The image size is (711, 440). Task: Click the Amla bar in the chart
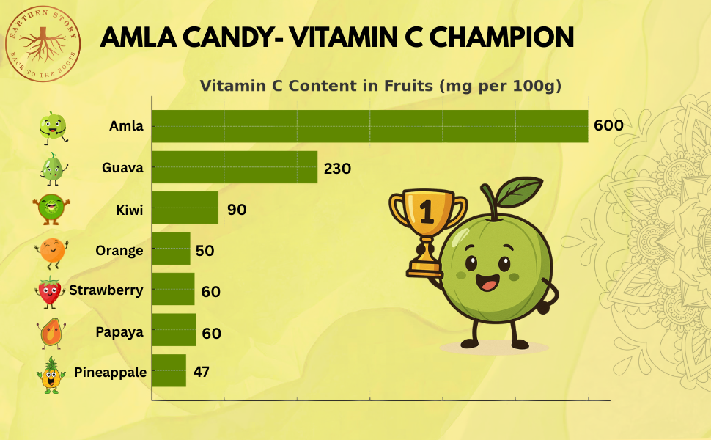click(x=369, y=126)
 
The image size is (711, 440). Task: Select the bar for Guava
click(x=235, y=167)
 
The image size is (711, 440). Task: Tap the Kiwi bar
click(x=185, y=208)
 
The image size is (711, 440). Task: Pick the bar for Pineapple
click(x=169, y=371)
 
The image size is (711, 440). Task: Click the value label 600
click(x=608, y=125)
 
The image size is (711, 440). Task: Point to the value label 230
click(x=337, y=168)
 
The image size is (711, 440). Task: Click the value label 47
click(x=202, y=371)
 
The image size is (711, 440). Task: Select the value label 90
click(x=237, y=209)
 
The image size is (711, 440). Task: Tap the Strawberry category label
click(x=106, y=290)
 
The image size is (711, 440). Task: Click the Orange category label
click(x=119, y=251)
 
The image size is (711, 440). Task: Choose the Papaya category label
click(x=119, y=332)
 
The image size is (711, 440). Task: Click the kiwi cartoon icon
click(x=52, y=208)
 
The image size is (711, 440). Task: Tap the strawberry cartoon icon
click(x=50, y=291)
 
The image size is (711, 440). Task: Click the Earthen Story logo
click(x=42, y=43)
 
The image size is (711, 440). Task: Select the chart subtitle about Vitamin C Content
click(x=380, y=86)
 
